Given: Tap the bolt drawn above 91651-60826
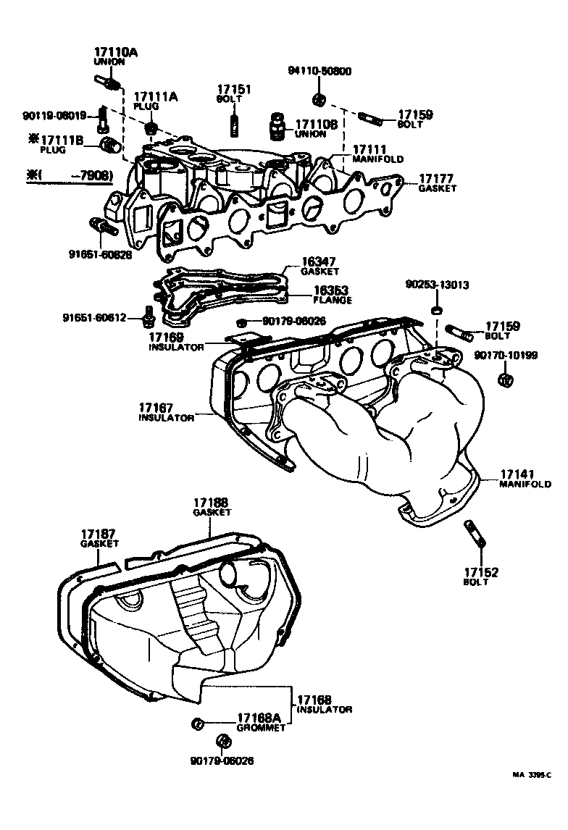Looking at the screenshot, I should coord(102,227).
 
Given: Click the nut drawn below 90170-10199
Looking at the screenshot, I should coord(506,380).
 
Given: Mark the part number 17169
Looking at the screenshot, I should coord(167,338).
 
